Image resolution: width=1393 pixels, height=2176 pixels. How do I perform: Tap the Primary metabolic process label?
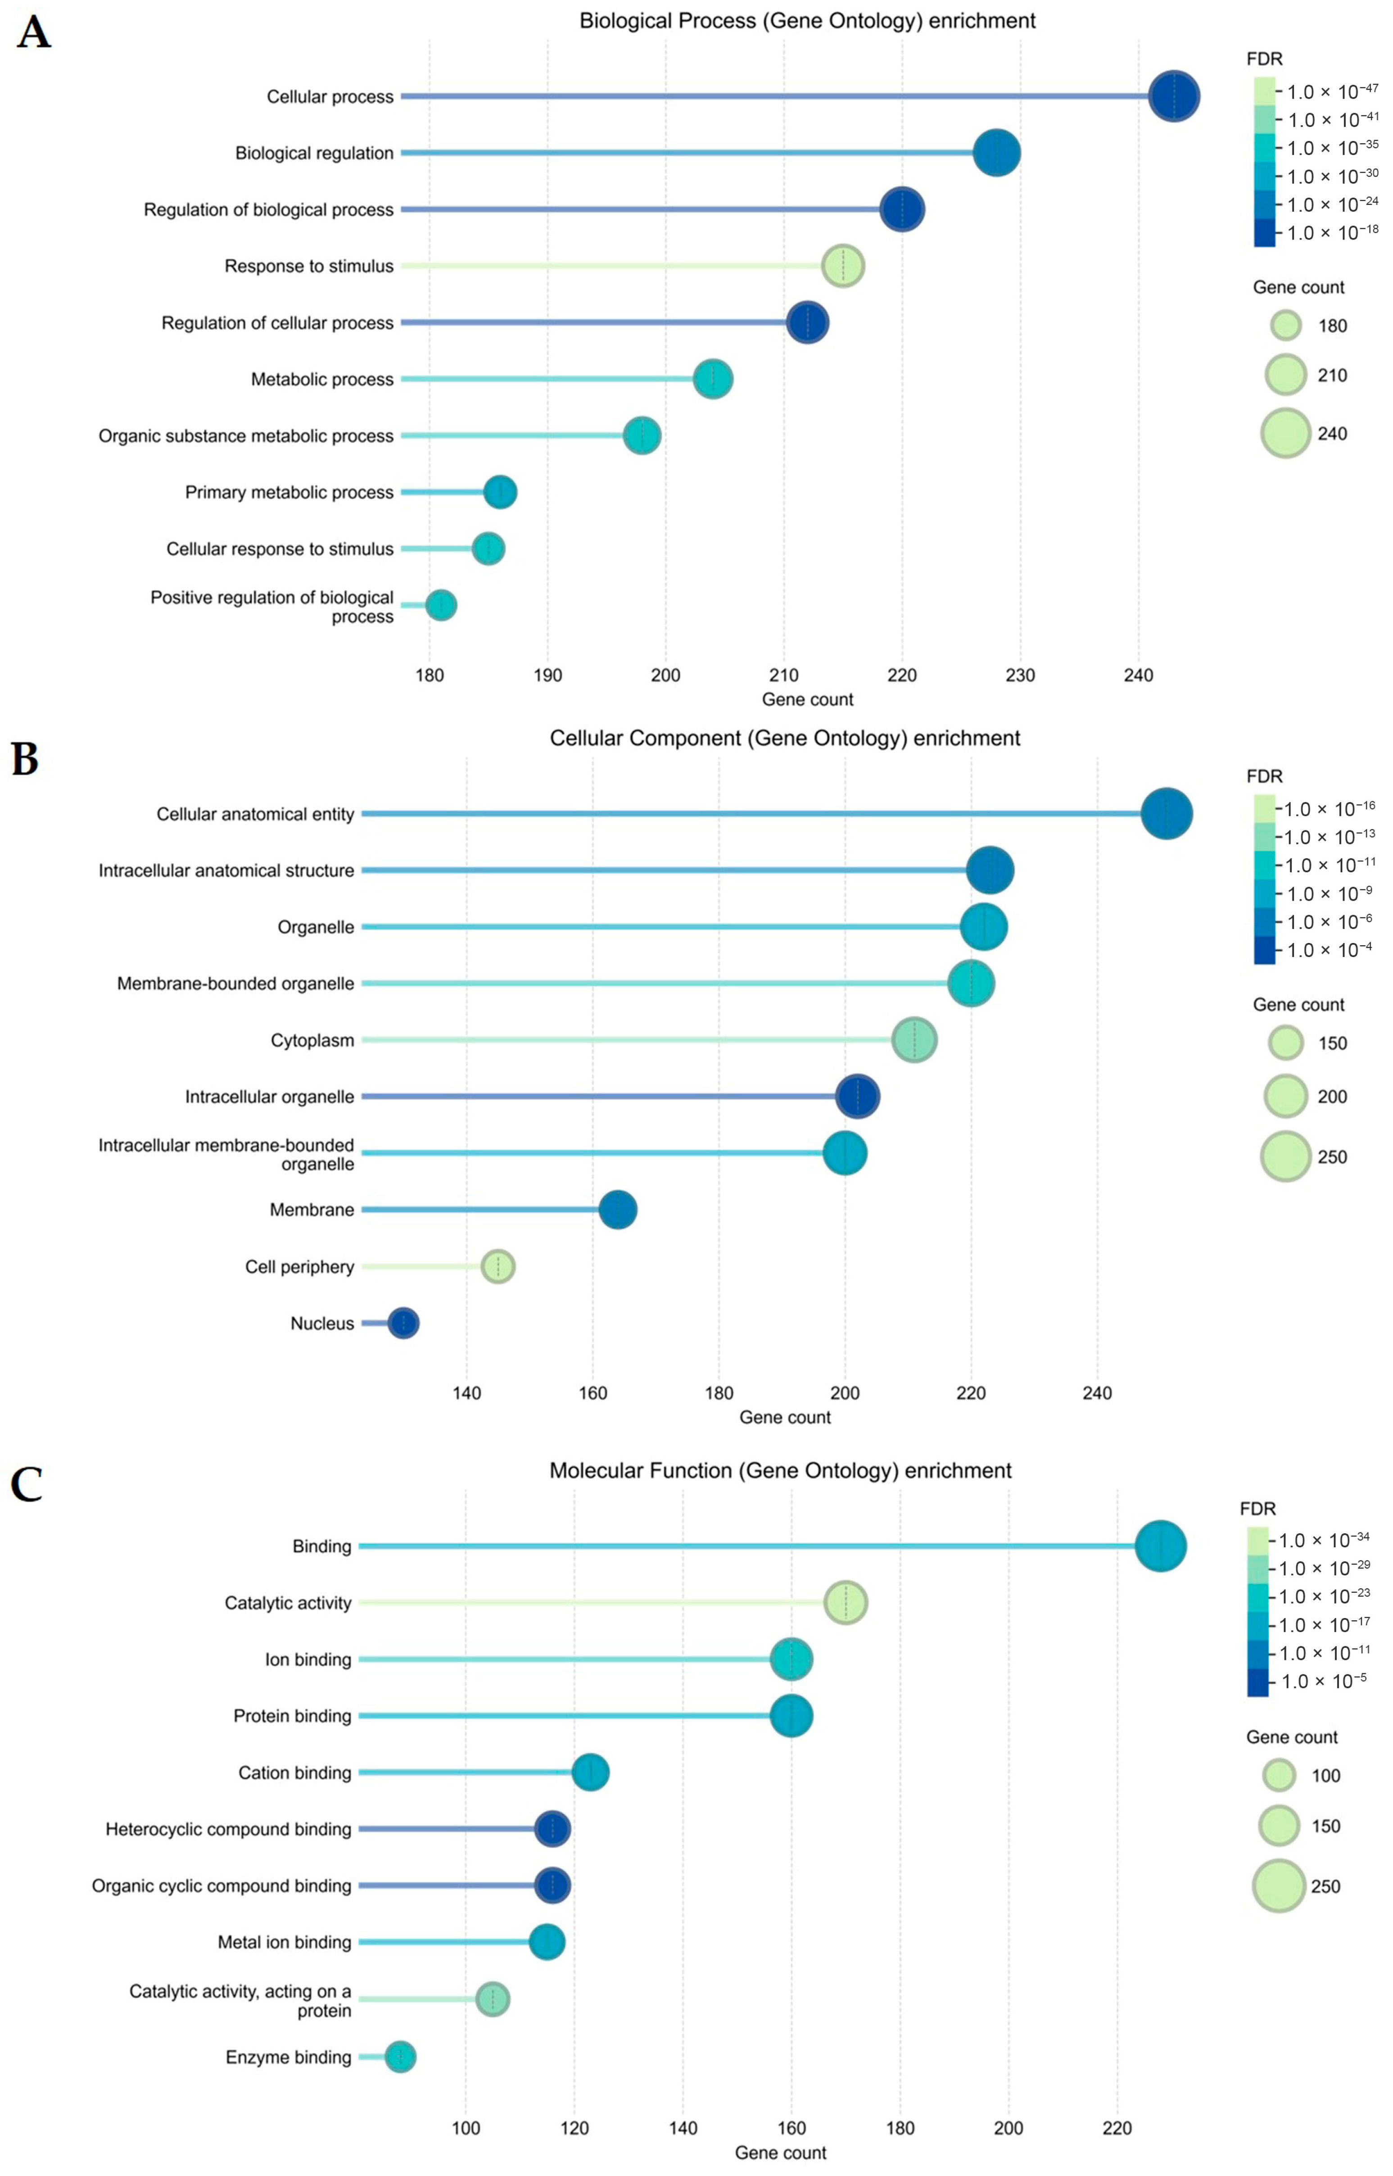pos(289,492)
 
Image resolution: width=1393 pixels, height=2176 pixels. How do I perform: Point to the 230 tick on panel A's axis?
pos(1020,675)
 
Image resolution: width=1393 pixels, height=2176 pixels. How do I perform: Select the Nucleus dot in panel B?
pos(403,1323)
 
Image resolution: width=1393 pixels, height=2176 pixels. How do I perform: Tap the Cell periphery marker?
pos(497,1266)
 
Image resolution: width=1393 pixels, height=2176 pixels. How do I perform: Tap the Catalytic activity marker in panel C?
pos(846,1602)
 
